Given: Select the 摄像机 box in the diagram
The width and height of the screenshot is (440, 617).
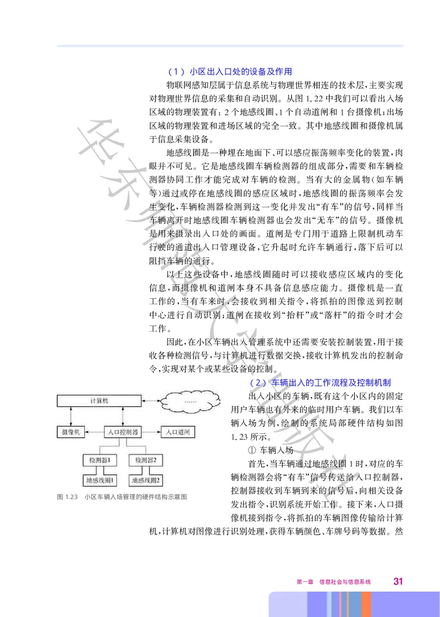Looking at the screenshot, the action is tap(69, 432).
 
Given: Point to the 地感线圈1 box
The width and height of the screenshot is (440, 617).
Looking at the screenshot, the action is tap(100, 480).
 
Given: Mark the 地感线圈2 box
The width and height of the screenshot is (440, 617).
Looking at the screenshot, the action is tap(145, 480).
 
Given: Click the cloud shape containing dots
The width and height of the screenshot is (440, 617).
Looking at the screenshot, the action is tap(191, 402).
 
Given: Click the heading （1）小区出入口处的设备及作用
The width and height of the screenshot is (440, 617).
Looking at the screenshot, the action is tap(229, 71).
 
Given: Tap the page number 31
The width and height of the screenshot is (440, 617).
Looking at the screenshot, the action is tap(398, 581).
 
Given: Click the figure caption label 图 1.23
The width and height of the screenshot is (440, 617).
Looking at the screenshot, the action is tap(67, 497).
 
